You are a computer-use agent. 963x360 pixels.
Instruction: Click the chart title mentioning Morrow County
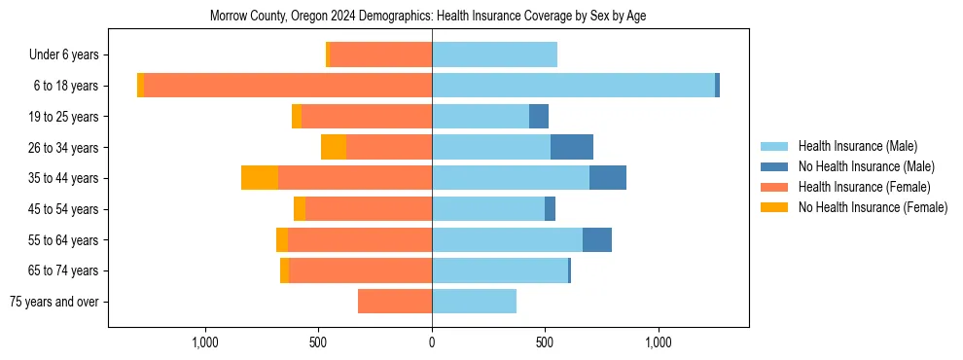(428, 16)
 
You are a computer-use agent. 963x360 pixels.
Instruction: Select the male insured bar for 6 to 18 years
(573, 86)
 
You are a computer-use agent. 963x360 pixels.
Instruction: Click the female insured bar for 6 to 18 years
(288, 86)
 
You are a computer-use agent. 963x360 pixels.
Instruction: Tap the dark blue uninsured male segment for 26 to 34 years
(572, 147)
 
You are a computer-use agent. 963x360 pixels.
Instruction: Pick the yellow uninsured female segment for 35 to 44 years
(260, 178)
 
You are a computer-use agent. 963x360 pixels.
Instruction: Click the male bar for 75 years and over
(474, 302)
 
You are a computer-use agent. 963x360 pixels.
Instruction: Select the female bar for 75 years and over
(395, 302)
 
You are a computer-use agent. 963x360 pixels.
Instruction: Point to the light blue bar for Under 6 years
(494, 54)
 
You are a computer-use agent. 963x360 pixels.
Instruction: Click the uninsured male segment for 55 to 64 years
(597, 239)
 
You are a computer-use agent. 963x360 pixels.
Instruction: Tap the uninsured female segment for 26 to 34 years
(334, 147)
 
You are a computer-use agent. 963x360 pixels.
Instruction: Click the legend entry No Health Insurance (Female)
(873, 207)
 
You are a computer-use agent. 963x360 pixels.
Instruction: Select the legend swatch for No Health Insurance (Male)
(775, 166)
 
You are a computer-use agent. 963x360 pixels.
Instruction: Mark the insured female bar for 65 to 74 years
(360, 270)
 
